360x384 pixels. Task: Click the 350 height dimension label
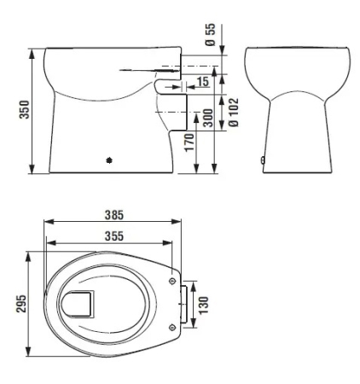(x=25, y=109)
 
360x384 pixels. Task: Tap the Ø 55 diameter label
(x=211, y=35)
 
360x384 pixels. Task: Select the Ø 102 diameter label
(x=234, y=113)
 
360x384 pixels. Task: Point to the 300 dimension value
(x=208, y=118)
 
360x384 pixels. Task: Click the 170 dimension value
(x=189, y=143)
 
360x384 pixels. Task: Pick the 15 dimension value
(x=203, y=82)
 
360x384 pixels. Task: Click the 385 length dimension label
(x=114, y=215)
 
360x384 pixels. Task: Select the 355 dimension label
(x=114, y=236)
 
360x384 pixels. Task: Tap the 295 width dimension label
(x=21, y=304)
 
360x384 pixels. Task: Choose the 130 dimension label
(x=204, y=305)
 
